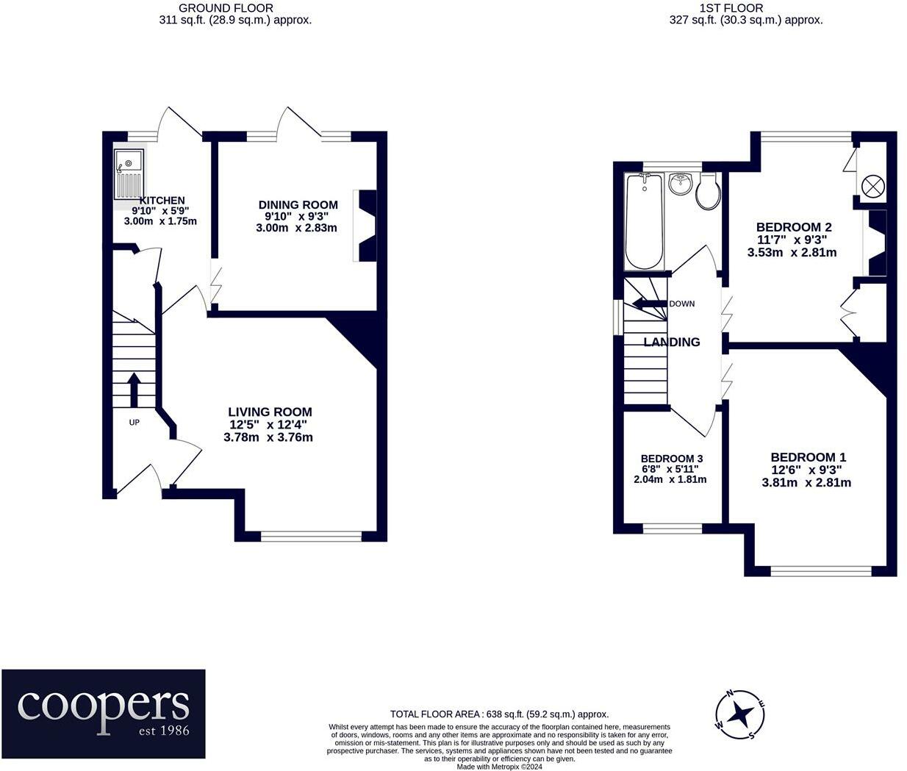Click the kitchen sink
point(129,173)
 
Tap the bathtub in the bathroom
point(644,220)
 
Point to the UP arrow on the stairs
point(134,390)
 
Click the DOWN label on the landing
point(681,304)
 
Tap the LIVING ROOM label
point(270,412)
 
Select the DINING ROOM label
point(298,204)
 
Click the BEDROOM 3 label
point(671,459)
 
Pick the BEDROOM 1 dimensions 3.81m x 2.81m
point(806,483)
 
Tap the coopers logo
point(104,714)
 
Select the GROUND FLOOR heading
point(226,8)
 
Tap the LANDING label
point(671,342)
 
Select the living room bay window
point(311,537)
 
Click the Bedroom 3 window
point(673,528)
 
